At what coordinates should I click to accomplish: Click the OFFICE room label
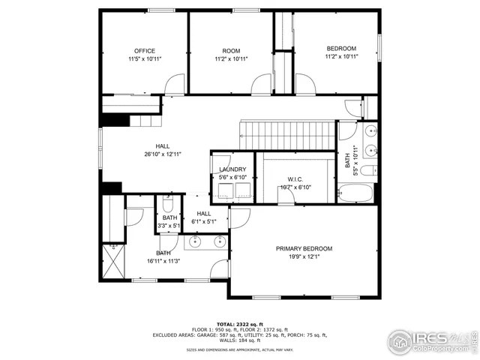click(x=145, y=50)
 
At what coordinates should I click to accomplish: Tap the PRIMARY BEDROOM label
click(x=303, y=249)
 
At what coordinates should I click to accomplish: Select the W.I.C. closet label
click(x=294, y=179)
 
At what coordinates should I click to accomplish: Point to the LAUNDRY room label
click(x=232, y=170)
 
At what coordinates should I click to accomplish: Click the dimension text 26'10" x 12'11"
click(x=163, y=154)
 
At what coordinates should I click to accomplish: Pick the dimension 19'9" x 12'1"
click(x=303, y=257)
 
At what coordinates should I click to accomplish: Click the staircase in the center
click(x=287, y=136)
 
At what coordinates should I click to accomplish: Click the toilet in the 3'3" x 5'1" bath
click(x=167, y=204)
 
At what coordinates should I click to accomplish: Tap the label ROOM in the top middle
click(x=230, y=50)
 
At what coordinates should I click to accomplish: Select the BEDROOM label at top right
click(x=340, y=48)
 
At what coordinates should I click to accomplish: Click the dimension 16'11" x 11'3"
click(x=163, y=262)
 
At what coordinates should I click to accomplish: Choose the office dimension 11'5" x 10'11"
click(x=145, y=58)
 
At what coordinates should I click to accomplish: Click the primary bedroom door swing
click(x=240, y=217)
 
